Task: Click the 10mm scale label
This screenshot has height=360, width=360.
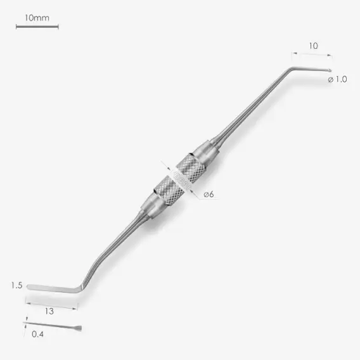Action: point(37,18)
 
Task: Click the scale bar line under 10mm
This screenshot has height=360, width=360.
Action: point(37,27)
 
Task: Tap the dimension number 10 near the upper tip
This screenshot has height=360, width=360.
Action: point(313,46)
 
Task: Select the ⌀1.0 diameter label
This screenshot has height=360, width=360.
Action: point(337,79)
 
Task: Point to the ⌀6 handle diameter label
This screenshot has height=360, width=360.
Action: point(209,195)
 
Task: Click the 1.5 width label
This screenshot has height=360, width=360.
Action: point(16,285)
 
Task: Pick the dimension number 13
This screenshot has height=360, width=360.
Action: point(49,311)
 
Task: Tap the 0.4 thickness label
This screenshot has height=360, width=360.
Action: point(37,334)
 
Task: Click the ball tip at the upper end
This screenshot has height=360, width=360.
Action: point(330,70)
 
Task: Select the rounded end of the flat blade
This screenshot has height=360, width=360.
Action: point(29,286)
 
